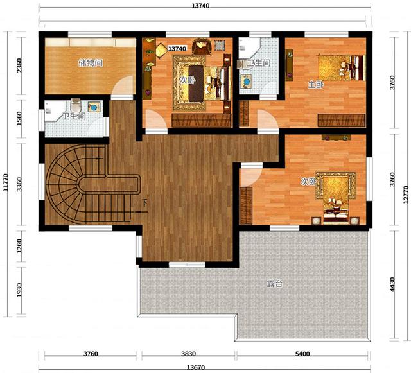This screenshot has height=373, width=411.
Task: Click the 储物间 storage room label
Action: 91,63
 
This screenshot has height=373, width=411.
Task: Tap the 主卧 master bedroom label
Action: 315,84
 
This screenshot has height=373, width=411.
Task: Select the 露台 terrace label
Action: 275,284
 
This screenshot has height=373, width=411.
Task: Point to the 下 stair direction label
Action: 144,203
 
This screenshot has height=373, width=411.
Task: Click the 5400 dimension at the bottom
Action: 302,354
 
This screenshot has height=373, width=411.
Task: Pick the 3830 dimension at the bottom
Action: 188,354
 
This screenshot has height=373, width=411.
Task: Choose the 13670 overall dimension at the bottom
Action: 196,367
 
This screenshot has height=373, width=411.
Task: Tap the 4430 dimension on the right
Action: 392,284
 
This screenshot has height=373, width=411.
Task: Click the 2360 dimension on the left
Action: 19,65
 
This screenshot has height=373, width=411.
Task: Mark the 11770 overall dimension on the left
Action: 6,182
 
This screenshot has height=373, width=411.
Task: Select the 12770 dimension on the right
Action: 406,195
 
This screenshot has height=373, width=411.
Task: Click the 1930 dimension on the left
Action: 19,290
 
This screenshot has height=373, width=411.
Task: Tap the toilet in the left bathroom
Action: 76,104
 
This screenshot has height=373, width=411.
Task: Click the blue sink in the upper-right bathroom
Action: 247,82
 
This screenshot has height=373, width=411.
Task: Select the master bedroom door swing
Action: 267,121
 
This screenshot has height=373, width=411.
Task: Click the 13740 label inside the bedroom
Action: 177,49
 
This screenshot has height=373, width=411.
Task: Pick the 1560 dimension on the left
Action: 19,119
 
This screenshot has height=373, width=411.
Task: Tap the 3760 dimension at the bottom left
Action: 91,354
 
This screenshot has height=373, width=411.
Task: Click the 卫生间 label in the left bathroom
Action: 74,116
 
